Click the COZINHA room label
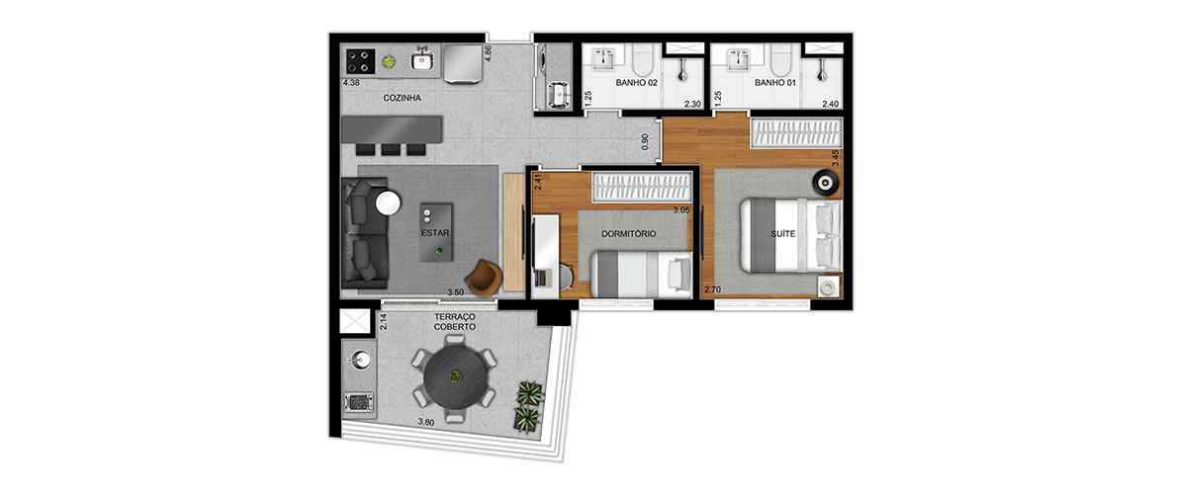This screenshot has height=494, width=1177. pos(402,98)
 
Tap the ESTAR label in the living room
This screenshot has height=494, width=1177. pos(435,233)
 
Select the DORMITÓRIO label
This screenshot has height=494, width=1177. pos(629,234)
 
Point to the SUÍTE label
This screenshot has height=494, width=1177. pos(783,234)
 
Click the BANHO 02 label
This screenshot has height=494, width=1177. pos(636,83)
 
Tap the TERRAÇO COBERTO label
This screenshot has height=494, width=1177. pos(454,322)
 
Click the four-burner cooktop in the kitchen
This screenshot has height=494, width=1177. pos(358,59)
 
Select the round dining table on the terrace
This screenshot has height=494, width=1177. pos(454,377)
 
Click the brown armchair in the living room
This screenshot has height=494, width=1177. pos(483,276)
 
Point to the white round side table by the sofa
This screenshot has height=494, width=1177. pos(389,204)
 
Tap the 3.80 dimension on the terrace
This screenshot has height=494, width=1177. pos(425,422)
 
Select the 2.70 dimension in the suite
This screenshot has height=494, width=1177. pos(711,288)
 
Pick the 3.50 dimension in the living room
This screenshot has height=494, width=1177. pos(455,292)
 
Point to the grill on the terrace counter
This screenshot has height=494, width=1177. pos(360,402)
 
